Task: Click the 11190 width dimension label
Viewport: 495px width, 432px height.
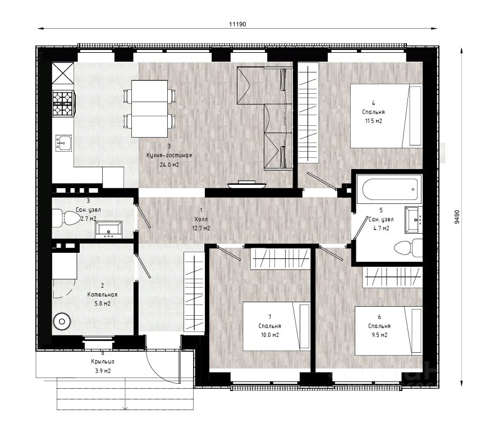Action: click(237, 24)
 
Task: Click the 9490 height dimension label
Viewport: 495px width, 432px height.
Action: click(457, 217)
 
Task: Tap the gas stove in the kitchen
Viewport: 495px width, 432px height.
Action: click(63, 102)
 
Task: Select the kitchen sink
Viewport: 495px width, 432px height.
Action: click(64, 143)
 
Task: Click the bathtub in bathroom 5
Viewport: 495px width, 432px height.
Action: click(389, 189)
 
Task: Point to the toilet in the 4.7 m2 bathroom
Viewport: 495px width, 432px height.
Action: click(408, 247)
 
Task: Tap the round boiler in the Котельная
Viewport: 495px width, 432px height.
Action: click(62, 322)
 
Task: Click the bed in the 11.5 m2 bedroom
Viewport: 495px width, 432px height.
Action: click(386, 116)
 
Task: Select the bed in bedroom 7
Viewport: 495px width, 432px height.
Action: click(277, 326)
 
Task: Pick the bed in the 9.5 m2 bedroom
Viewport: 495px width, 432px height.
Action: click(388, 330)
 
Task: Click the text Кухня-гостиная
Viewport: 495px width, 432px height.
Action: click(169, 156)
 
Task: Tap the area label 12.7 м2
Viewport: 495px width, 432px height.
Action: click(201, 228)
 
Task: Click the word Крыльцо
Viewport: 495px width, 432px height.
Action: click(103, 362)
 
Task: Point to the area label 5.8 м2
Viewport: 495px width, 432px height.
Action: click(103, 304)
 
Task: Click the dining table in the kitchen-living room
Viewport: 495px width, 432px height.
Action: click(149, 109)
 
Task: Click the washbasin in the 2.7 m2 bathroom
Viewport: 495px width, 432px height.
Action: click(109, 230)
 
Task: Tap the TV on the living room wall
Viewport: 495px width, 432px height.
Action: click(246, 185)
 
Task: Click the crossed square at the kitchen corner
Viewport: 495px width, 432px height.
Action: click(63, 74)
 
